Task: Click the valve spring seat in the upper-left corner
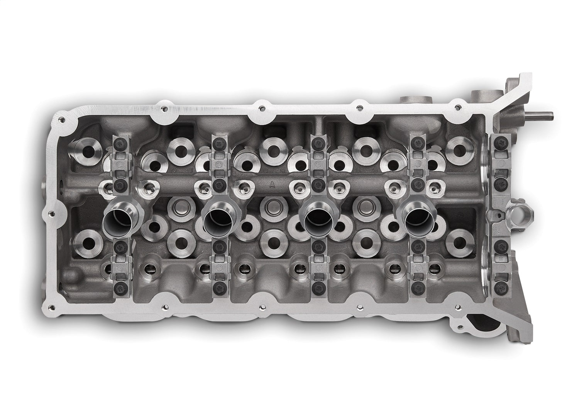tap(83, 149)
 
